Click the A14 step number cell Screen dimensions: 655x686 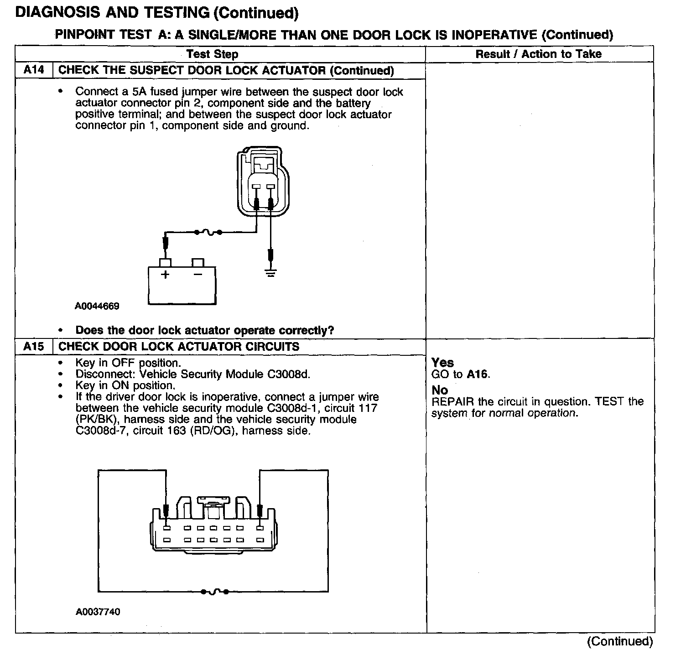tap(34, 70)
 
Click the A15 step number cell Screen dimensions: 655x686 tap(34, 346)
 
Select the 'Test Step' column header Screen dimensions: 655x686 tap(212, 54)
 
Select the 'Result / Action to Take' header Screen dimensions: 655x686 tap(538, 54)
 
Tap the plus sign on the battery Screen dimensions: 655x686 tap(165, 275)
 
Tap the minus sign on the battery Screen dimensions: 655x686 tap(197, 275)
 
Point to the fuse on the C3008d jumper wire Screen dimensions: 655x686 tap(214, 592)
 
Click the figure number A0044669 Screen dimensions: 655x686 tap(97, 306)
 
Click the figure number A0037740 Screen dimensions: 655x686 tap(98, 612)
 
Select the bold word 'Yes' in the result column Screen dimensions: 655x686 tap(442, 363)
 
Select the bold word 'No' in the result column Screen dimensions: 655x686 tap(439, 390)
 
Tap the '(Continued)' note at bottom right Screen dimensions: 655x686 tap(620, 641)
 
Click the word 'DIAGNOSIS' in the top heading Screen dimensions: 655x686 tap(57, 12)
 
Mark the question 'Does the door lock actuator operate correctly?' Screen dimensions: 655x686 tap(204, 330)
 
